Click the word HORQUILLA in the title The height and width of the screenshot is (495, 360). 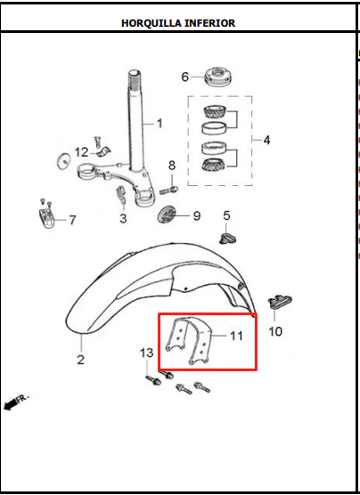click(151, 23)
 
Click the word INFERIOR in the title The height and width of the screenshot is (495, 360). click(210, 23)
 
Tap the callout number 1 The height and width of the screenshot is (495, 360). click(160, 124)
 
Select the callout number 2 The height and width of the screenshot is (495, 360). click(81, 360)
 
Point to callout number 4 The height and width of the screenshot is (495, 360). click(266, 140)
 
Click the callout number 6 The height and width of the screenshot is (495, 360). click(184, 77)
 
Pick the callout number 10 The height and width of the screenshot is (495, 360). click(275, 331)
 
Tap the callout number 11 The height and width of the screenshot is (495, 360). click(236, 336)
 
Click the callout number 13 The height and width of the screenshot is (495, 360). click(147, 353)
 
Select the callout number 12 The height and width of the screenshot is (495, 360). click(82, 152)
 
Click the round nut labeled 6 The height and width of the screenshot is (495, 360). click(218, 77)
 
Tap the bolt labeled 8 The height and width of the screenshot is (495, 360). click(168, 190)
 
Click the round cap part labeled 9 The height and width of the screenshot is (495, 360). click(167, 215)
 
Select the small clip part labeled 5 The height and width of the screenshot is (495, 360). click(227, 238)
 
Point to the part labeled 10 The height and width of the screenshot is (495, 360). click(280, 302)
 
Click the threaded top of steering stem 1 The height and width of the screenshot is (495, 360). click(135, 79)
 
